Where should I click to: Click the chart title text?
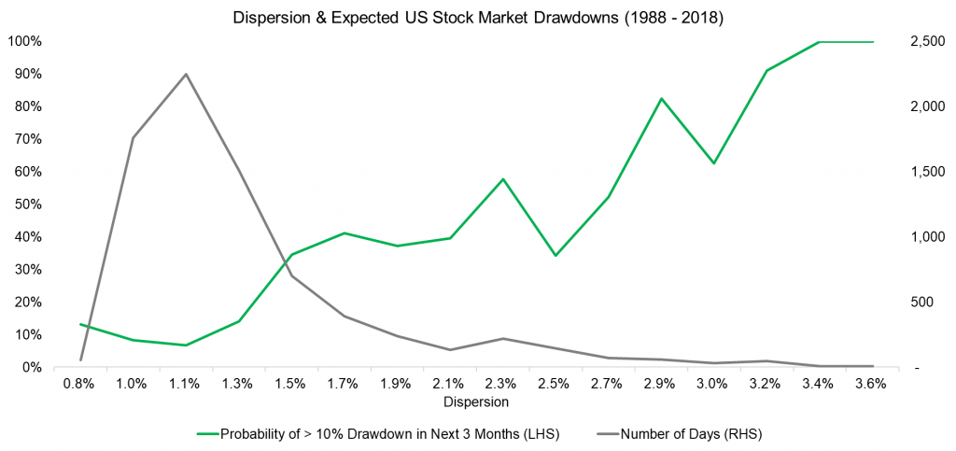coord(477,16)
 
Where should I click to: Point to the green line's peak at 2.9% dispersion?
coord(661,99)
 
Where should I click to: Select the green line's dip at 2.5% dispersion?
coord(555,256)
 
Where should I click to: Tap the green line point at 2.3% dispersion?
coord(503,179)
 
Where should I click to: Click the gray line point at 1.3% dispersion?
coord(239,172)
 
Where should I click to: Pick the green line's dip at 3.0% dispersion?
coord(714,163)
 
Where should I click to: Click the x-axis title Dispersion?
coord(477,402)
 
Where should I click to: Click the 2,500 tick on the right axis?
coord(912,42)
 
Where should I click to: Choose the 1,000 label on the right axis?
coord(912,237)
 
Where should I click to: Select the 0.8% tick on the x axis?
coord(81,383)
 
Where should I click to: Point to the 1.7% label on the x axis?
coord(344,383)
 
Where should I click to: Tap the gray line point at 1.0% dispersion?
coord(134,138)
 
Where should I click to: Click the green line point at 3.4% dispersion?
coord(819,42)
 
